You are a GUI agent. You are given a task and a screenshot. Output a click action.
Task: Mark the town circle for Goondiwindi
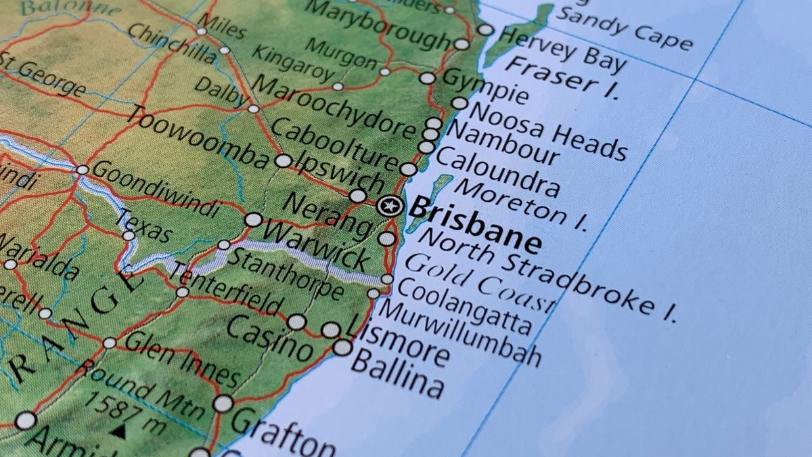coord(83,169)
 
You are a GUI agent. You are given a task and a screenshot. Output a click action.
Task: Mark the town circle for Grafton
coord(223,404)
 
